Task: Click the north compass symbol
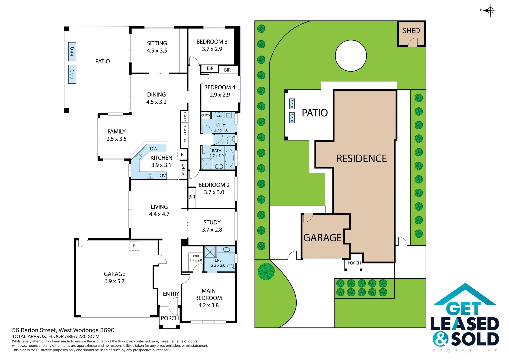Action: click(x=490, y=10)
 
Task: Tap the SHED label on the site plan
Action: click(x=411, y=31)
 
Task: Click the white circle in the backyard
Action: click(x=351, y=56)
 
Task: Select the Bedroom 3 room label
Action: click(x=212, y=45)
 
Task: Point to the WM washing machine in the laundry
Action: click(x=219, y=116)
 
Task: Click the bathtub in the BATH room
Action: click(x=229, y=158)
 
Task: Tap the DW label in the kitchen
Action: click(x=154, y=149)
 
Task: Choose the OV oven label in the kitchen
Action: click(x=163, y=176)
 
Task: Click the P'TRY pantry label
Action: click(x=183, y=169)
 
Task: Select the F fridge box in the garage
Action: click(x=134, y=246)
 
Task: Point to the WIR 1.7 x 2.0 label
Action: click(x=196, y=258)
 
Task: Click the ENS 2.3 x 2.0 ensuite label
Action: click(x=218, y=263)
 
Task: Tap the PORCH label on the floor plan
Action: click(x=170, y=318)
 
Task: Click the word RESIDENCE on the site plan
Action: click(x=361, y=159)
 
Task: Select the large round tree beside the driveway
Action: click(x=266, y=271)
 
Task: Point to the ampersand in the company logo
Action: click(x=441, y=339)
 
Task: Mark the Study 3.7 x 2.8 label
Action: click(x=212, y=226)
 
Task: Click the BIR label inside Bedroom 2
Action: click(x=192, y=197)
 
